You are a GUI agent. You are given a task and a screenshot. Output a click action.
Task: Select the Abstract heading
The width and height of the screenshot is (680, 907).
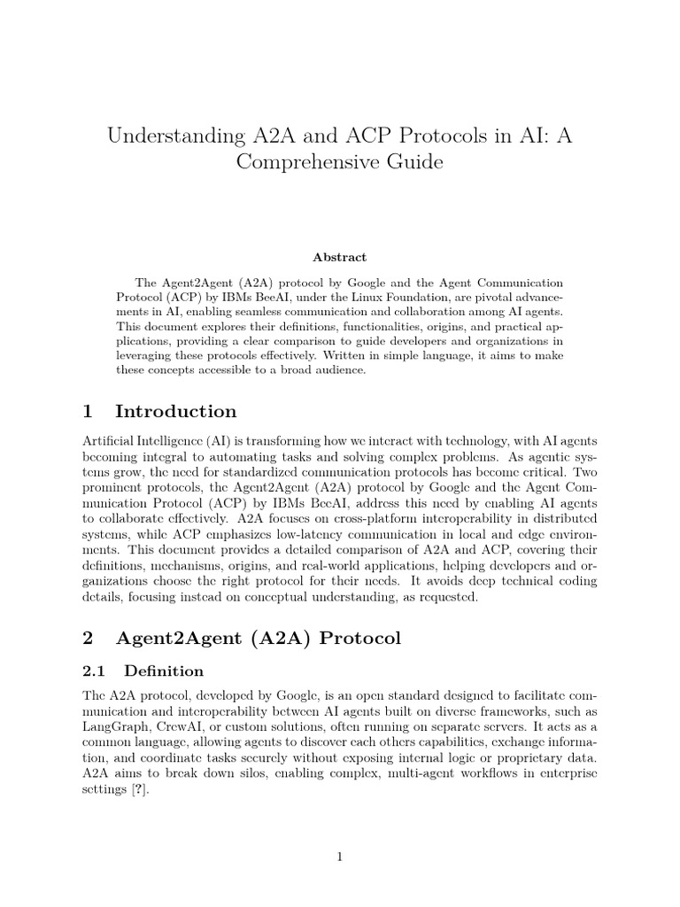click(339, 257)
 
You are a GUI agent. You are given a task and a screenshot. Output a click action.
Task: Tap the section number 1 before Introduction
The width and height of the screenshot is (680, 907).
click(87, 412)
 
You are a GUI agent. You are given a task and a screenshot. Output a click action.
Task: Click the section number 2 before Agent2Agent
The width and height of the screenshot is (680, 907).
click(87, 639)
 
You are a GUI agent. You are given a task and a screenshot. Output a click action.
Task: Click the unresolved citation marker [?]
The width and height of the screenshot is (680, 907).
click(141, 792)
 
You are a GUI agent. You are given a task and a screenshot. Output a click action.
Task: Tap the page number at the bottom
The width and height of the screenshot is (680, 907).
click(339, 857)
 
